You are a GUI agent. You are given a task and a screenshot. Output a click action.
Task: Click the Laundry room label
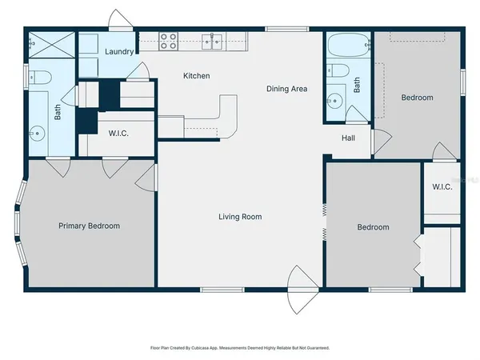tap(119, 51)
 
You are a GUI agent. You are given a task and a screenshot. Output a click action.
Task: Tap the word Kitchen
tap(197, 76)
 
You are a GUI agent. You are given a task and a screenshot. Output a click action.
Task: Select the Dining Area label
tap(287, 89)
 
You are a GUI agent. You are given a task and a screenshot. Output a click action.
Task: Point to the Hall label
tap(348, 138)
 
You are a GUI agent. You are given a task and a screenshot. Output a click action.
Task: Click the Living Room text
tap(241, 217)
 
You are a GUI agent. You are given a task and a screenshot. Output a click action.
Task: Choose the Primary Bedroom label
tap(90, 226)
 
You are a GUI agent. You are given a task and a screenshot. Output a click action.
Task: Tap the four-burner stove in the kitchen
tap(168, 40)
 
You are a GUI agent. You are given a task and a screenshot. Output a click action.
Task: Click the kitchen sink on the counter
tap(212, 40)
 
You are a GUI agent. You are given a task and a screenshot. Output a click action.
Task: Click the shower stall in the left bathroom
tap(51, 46)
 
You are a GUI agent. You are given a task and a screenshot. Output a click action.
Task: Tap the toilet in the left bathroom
tap(40, 78)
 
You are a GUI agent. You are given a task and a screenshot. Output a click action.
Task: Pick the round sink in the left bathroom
tap(34, 130)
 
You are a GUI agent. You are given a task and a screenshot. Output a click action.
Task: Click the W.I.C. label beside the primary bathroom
tap(119, 133)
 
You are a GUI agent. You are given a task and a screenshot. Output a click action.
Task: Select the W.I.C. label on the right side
tap(442, 187)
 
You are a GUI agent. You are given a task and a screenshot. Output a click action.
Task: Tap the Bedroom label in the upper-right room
tap(417, 98)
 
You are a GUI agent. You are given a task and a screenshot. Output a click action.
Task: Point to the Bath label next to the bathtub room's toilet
tap(357, 85)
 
